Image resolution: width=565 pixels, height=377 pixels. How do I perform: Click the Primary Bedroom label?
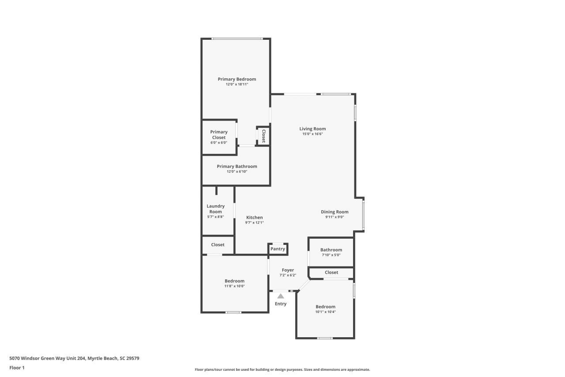[237, 79]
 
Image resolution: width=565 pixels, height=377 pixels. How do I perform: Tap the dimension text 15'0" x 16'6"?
[313, 134]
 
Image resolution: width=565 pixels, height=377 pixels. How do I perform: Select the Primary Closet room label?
[218, 134]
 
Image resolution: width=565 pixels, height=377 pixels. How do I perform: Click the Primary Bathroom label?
[237, 166]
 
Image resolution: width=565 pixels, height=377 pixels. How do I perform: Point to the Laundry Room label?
[215, 209]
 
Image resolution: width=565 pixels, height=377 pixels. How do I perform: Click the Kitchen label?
[254, 217]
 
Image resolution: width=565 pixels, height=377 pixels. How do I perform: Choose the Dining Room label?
[335, 212]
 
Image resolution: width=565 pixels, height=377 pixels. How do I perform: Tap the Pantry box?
[278, 249]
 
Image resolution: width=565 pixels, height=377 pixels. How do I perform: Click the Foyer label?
[288, 270]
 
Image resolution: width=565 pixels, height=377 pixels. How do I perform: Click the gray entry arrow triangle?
[281, 296]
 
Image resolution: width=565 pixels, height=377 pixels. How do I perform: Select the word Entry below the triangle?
[281, 304]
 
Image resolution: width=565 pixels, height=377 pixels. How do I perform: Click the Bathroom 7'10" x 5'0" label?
[331, 250]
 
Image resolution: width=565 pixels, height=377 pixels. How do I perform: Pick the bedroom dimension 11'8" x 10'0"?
[234, 286]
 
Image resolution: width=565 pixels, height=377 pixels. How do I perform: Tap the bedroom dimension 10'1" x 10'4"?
[325, 312]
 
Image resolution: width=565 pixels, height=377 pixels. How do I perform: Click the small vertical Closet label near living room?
[264, 136]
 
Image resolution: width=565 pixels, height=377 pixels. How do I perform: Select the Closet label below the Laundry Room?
[218, 244]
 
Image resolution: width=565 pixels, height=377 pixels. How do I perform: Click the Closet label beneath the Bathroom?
[331, 272]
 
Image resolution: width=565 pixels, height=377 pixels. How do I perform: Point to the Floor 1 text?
[17, 367]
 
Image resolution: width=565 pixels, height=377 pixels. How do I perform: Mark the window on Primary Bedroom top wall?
[237, 39]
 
